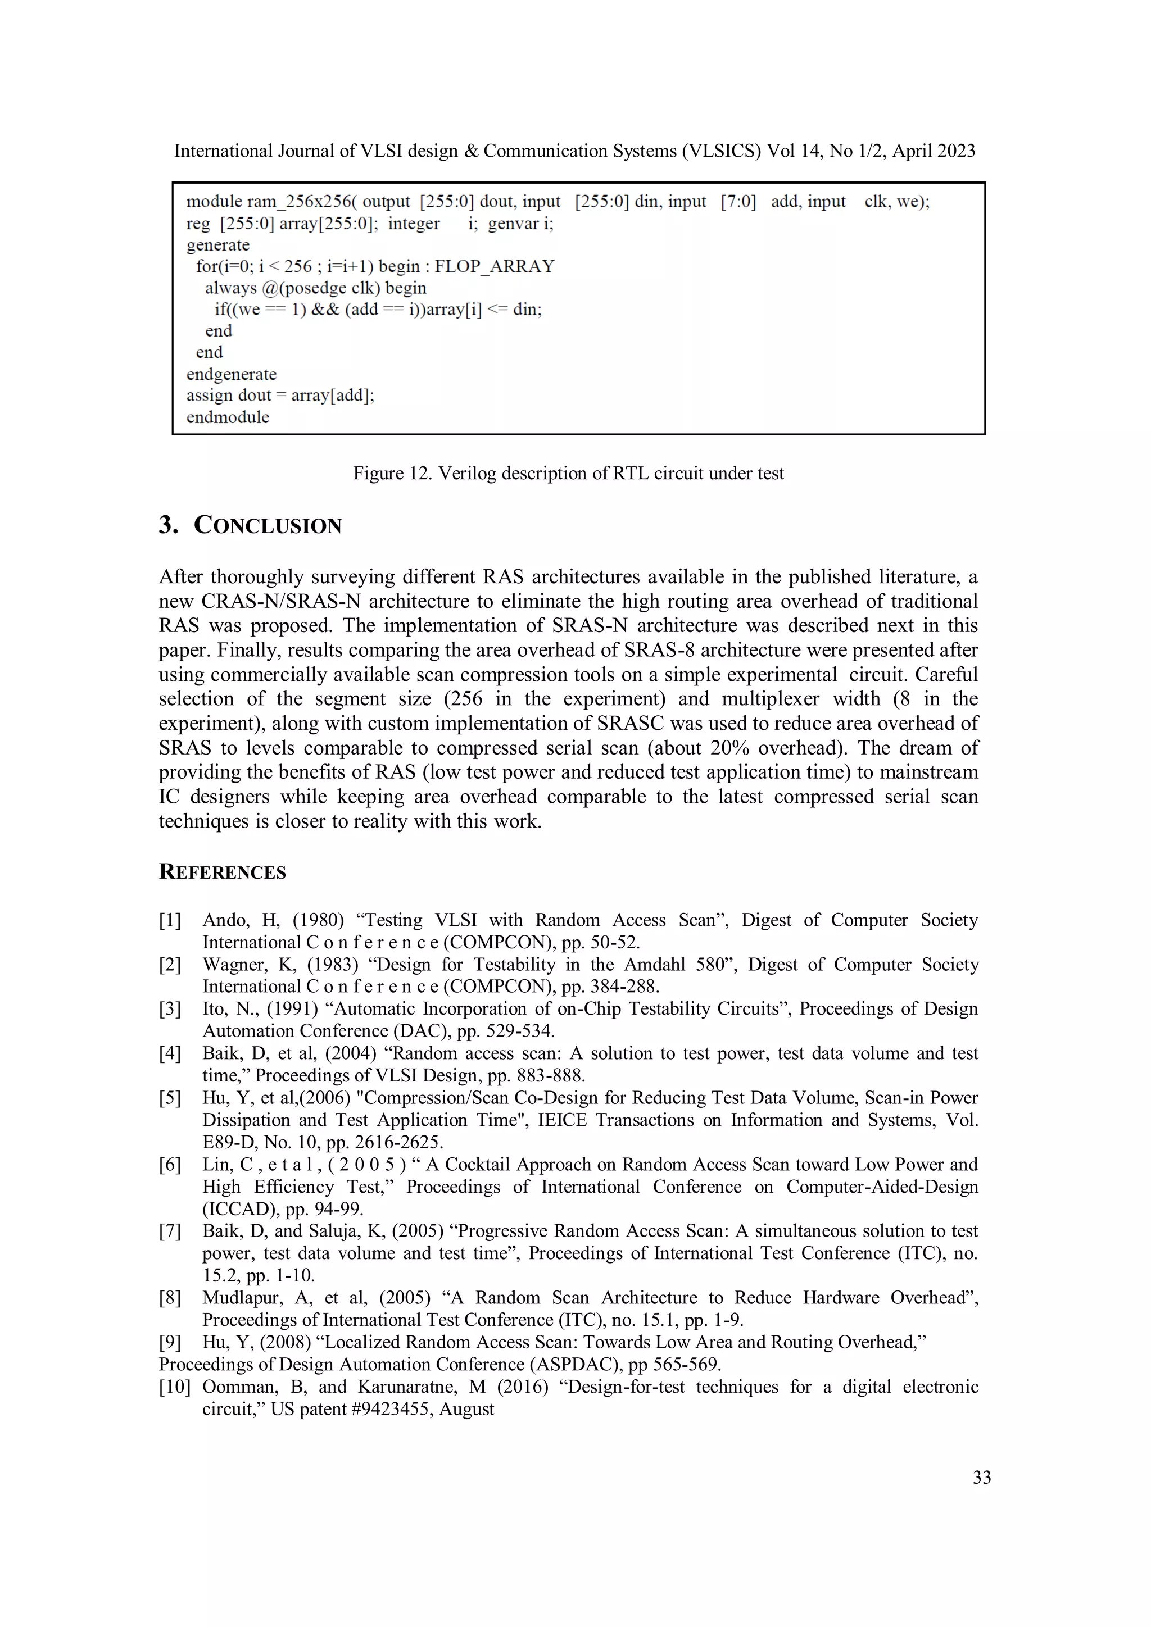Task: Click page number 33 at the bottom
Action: tap(982, 1478)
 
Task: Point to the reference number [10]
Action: tap(174, 1387)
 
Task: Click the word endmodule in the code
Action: tap(228, 417)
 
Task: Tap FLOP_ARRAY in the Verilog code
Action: tap(494, 266)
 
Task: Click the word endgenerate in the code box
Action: tap(231, 374)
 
